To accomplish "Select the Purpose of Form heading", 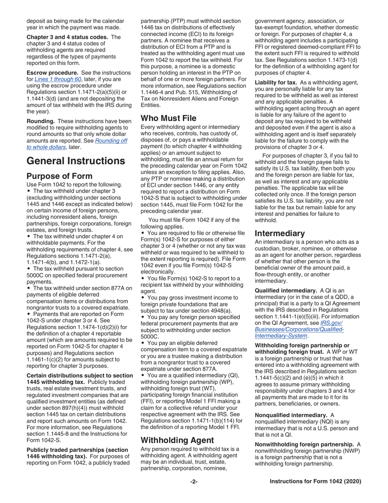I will (59, 176).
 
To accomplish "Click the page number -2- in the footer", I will (194, 482).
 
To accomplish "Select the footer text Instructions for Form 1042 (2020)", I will (315, 482).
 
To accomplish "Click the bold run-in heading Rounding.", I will (40, 121).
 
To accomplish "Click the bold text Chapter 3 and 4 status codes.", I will (67, 37).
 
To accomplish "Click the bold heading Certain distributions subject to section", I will (80, 375).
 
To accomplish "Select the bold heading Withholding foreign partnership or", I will (302, 345).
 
